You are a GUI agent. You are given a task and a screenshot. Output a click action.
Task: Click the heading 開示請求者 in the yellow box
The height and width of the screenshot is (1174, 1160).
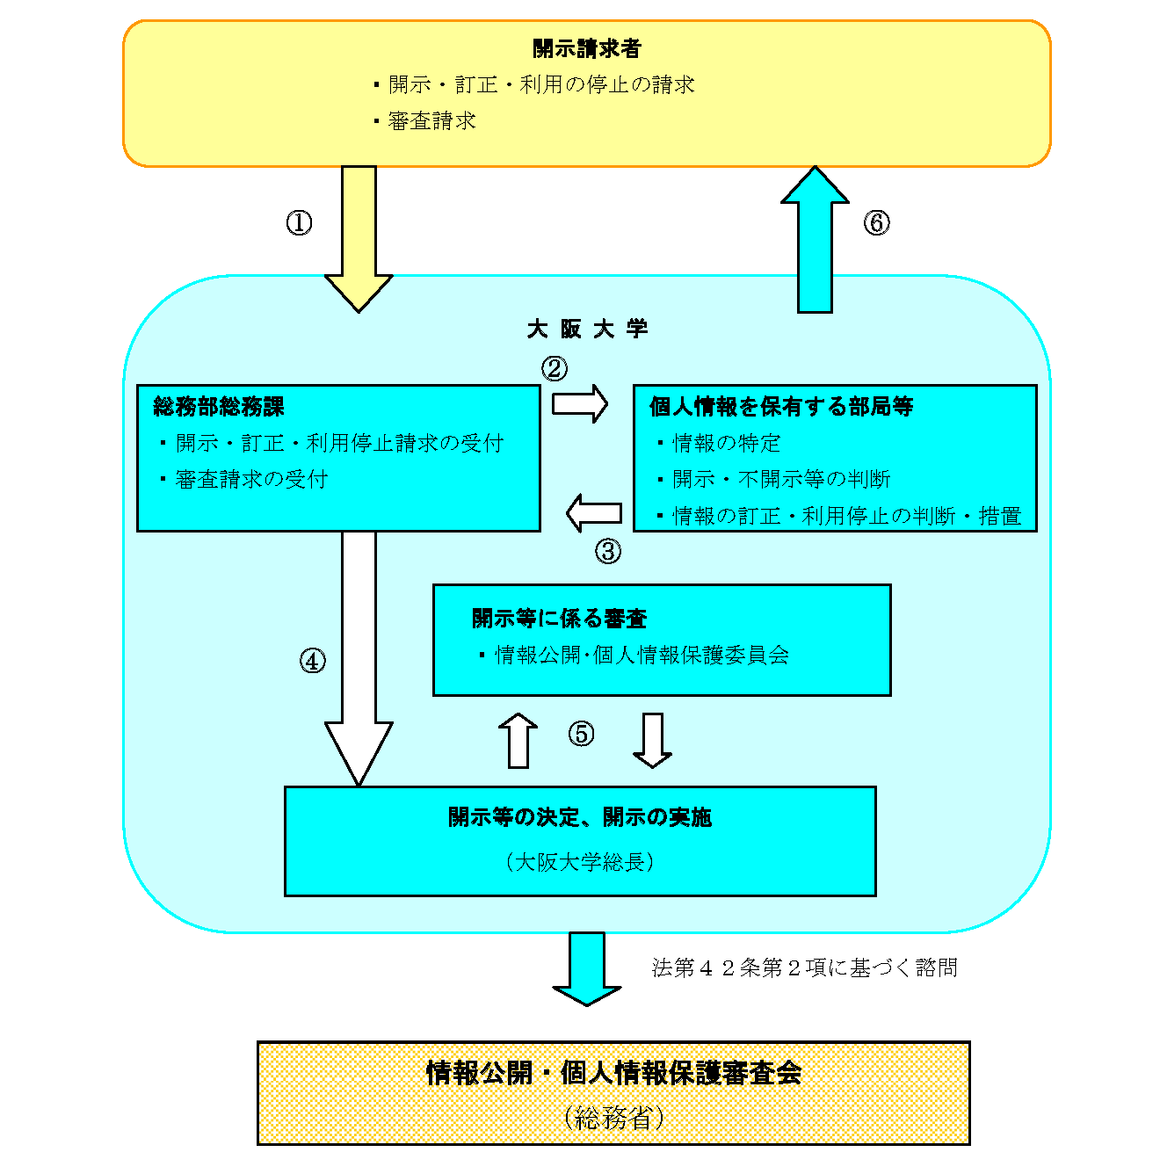[586, 48]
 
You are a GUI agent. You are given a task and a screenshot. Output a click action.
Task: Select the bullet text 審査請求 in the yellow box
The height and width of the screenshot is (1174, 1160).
[431, 121]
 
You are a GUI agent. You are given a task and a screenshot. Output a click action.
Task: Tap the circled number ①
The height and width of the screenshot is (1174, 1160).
[299, 222]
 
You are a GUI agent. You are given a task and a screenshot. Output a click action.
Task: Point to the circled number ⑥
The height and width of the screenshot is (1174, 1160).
[875, 222]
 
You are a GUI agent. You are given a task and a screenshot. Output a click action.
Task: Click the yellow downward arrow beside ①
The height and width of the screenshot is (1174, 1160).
[359, 237]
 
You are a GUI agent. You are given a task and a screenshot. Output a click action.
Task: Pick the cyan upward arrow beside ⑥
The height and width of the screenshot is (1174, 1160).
[815, 239]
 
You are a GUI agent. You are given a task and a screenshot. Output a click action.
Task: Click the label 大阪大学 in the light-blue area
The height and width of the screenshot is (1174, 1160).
[587, 330]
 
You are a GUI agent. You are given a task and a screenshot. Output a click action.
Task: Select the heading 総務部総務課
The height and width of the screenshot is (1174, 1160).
[219, 407]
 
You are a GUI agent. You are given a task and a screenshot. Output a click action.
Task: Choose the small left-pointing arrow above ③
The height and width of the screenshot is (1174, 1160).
[594, 512]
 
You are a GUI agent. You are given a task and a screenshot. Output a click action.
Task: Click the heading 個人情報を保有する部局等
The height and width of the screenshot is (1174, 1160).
[780, 407]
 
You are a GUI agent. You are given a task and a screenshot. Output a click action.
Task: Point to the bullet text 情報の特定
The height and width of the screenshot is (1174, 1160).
[726, 443]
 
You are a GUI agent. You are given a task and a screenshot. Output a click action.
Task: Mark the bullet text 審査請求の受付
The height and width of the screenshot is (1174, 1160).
[251, 480]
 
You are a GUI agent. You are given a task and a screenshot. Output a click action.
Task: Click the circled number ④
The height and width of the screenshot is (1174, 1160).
[313, 660]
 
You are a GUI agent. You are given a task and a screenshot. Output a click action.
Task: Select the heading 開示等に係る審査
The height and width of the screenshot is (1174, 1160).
[559, 619]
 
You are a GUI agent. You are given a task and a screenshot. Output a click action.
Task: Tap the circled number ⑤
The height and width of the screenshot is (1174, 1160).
[581, 733]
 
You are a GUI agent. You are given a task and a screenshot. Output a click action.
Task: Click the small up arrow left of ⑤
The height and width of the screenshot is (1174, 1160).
[518, 740]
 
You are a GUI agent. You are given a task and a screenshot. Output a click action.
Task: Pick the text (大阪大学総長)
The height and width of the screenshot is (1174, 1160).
[580, 862]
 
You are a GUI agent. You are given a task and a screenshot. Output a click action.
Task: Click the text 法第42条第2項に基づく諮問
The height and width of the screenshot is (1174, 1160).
[804, 967]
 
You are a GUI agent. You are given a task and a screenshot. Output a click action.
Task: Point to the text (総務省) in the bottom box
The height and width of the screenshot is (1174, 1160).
[613, 1118]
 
